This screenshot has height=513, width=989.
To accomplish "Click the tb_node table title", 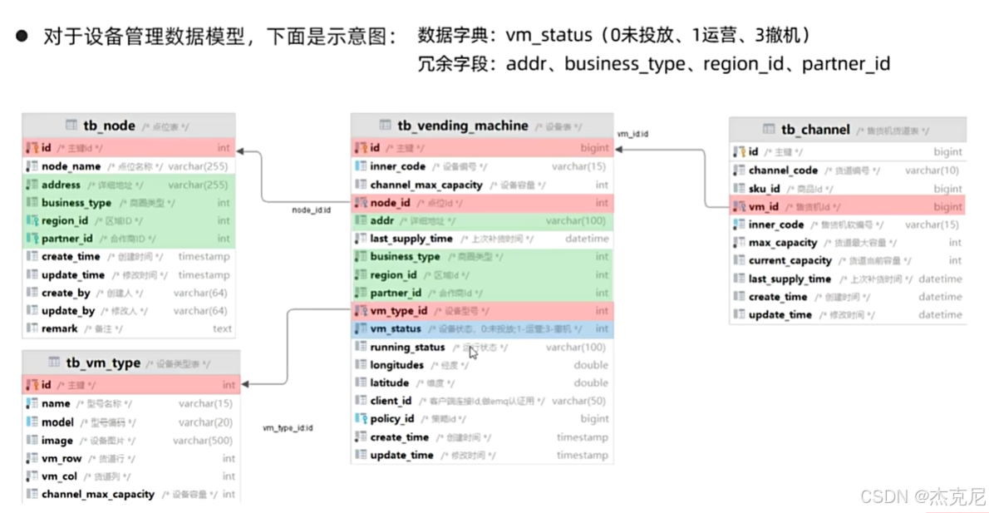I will pyautogui.click(x=109, y=126).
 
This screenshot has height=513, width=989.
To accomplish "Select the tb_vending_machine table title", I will pyautogui.click(x=462, y=126).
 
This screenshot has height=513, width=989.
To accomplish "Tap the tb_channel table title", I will pyautogui.click(x=815, y=129).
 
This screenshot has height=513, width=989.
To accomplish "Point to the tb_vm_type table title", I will pyautogui.click(x=104, y=363).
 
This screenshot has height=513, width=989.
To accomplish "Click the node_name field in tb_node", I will pyautogui.click(x=71, y=166).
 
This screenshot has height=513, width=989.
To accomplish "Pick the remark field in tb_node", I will pyautogui.click(x=60, y=328).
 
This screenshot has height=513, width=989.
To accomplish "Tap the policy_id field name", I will pyautogui.click(x=392, y=419).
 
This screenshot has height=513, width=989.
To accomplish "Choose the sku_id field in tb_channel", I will pyautogui.click(x=764, y=189).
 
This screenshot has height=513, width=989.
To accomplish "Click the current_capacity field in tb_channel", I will pyautogui.click(x=790, y=261).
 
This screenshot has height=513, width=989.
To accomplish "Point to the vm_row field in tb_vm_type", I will pyautogui.click(x=62, y=458).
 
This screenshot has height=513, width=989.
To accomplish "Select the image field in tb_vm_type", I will pyautogui.click(x=57, y=441).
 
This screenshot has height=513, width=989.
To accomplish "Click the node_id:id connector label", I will pyautogui.click(x=312, y=210).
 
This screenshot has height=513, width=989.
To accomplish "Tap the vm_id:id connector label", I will pyautogui.click(x=632, y=133).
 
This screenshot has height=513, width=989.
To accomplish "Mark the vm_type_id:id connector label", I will pyautogui.click(x=288, y=427).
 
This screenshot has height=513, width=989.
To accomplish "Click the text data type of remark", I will pyautogui.click(x=222, y=328).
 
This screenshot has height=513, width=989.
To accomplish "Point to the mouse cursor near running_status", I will pyautogui.click(x=473, y=353).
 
